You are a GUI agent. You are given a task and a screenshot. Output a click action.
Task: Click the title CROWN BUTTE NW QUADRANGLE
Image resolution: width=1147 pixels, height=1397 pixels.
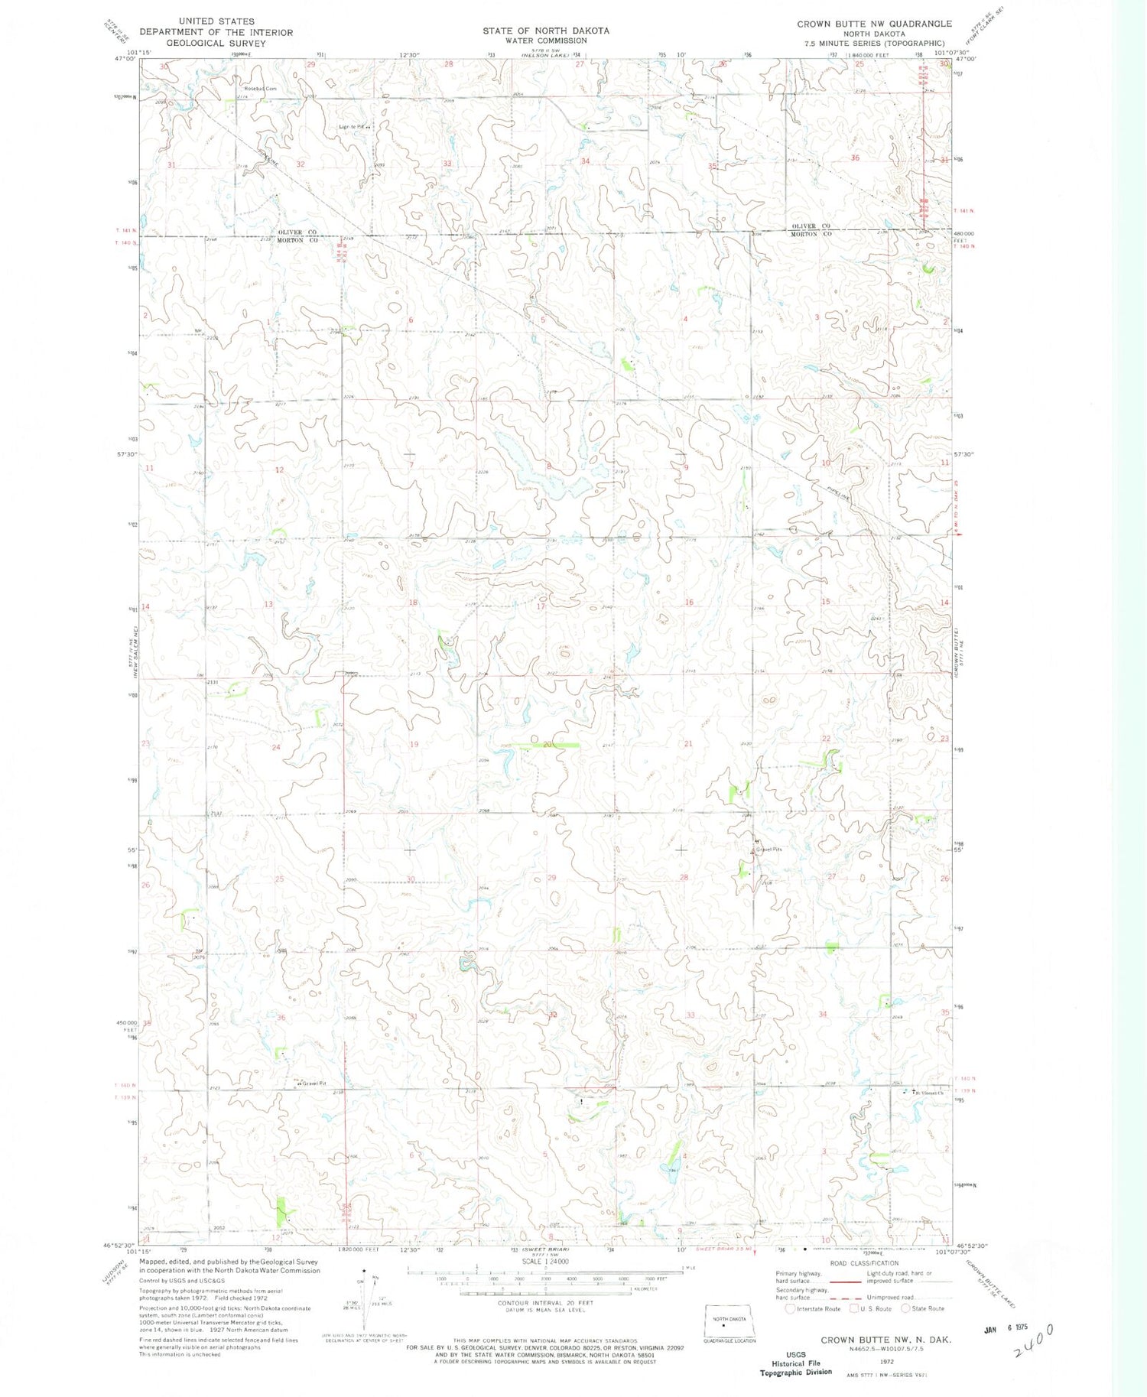(x=874, y=24)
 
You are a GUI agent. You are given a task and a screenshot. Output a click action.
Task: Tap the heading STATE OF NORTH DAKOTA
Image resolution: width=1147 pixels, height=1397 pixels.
(x=545, y=31)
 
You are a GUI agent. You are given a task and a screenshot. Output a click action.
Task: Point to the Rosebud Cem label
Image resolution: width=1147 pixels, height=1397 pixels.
(x=260, y=89)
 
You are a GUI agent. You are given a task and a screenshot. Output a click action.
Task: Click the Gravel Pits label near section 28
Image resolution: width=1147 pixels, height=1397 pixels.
(x=769, y=850)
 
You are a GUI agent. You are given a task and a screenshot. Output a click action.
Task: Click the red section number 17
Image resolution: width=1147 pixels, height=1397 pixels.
(x=541, y=606)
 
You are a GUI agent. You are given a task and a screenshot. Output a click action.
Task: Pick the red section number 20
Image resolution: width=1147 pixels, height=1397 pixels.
(x=547, y=744)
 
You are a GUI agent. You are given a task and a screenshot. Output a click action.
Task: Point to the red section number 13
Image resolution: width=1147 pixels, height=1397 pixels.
(x=268, y=604)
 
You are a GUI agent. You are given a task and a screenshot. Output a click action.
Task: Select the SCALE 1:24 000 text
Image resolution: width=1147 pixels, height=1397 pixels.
(x=545, y=1262)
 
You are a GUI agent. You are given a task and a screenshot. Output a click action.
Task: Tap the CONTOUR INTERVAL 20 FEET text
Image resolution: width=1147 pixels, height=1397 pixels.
(x=544, y=1302)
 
